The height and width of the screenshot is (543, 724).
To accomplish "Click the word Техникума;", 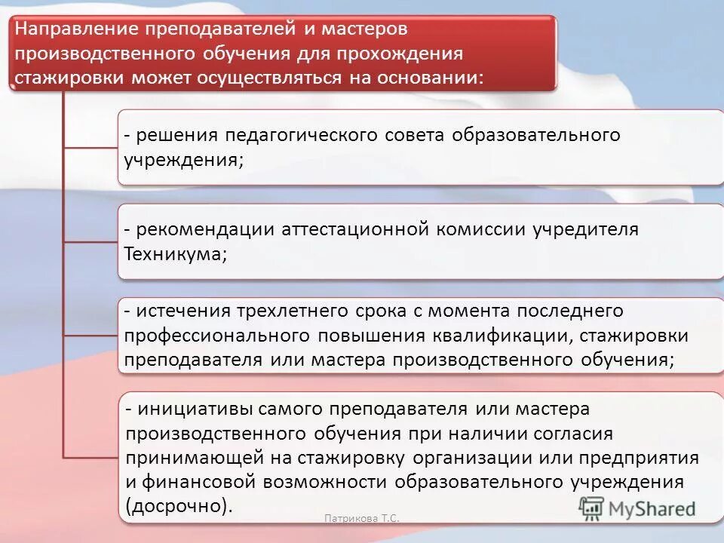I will (x=174, y=254).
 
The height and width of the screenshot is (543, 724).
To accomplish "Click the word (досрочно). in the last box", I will (x=178, y=505).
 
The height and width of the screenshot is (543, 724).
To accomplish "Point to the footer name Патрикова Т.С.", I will (x=361, y=518).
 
